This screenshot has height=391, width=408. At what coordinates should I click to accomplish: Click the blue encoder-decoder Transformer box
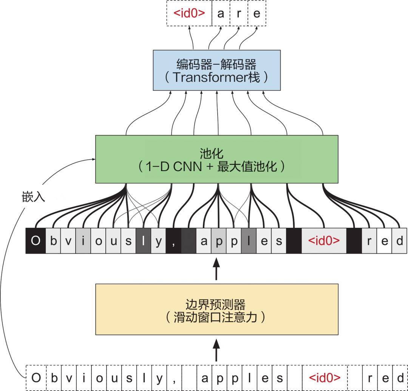[x=216, y=70]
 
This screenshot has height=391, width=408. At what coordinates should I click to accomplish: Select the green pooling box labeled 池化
[x=216, y=159]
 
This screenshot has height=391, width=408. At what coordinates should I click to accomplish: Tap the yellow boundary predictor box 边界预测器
[x=216, y=309]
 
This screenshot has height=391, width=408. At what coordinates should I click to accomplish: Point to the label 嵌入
[x=34, y=197]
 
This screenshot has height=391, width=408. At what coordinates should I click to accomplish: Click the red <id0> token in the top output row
[x=189, y=13]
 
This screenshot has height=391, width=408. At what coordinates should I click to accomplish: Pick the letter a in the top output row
[x=221, y=14]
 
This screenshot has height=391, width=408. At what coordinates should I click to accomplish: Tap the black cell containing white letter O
[x=36, y=241]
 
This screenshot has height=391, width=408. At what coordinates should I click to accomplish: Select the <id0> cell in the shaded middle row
[x=324, y=241]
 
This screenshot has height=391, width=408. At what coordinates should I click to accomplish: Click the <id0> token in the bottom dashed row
[x=324, y=378]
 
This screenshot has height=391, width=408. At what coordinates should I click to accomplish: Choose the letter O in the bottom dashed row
[x=36, y=378]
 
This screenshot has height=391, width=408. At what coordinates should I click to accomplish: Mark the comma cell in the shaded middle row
[x=173, y=241]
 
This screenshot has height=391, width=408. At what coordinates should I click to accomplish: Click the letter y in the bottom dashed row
[x=159, y=378]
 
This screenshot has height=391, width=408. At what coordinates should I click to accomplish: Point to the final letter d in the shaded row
[x=399, y=241]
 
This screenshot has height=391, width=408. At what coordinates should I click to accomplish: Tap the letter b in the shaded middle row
[x=53, y=241]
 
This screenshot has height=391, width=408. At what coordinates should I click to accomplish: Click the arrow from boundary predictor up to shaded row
[x=216, y=269]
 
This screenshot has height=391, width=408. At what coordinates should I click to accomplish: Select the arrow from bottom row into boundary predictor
[x=216, y=350]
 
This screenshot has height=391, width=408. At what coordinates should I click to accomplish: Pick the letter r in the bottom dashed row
[x=370, y=378]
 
